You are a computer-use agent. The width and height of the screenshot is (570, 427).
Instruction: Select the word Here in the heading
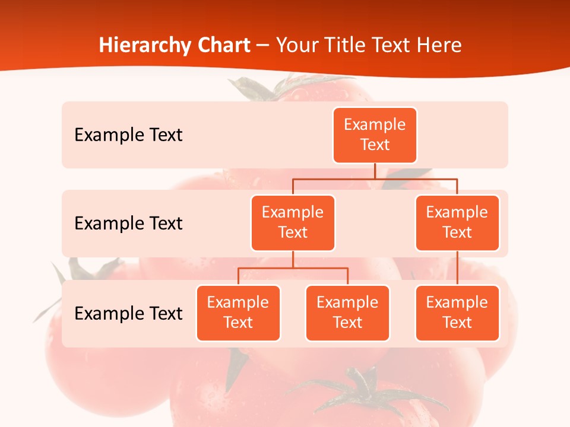439,46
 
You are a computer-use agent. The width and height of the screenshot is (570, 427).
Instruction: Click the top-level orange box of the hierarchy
375,135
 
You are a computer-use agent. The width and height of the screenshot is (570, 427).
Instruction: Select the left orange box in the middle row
293,223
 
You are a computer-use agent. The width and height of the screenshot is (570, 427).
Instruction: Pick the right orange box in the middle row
457,223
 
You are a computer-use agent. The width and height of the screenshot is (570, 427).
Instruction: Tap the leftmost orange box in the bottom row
238,313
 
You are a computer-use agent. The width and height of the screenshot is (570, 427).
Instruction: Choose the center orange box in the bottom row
347,313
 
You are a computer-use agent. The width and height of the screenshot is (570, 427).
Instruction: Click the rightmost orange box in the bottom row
457,313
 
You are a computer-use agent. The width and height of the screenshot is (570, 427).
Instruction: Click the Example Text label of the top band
128,135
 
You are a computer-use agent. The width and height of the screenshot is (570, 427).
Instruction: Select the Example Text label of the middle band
128,224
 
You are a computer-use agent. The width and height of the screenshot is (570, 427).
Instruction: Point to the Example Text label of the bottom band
128,313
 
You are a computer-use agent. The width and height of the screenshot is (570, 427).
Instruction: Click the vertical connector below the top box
375,171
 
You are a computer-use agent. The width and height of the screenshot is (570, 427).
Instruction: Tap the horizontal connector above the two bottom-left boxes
293,268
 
